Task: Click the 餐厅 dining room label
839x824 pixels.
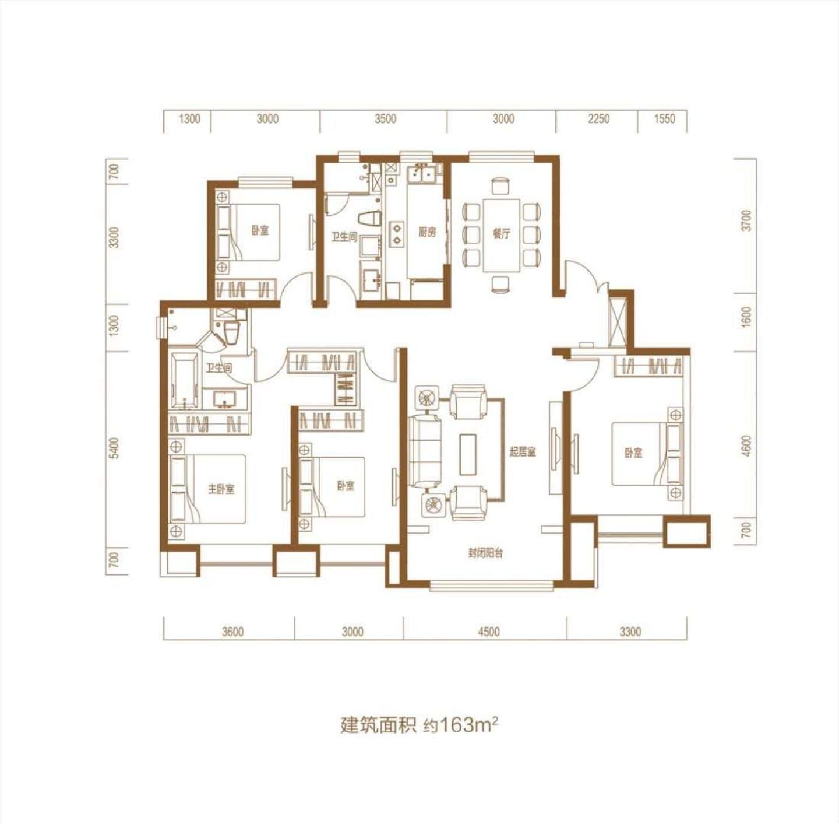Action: coord(501,234)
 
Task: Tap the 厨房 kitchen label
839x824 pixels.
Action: coord(427,233)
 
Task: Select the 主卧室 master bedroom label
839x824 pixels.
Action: coord(221,489)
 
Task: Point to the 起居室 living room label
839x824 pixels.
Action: coord(523,452)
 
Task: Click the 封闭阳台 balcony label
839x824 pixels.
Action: coord(485,553)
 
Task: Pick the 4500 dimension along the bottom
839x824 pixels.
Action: coord(488,632)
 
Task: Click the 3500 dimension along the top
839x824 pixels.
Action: coord(385,118)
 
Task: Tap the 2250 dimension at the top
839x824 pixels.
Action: coord(599,118)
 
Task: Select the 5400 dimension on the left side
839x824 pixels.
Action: coord(114,448)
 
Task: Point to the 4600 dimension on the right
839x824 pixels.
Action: coord(747,446)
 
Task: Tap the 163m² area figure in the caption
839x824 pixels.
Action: coord(469,725)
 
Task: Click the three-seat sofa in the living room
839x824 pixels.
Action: coord(425,451)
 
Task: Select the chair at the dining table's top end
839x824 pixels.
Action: coord(499,185)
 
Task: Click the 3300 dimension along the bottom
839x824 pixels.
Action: coord(630,632)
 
